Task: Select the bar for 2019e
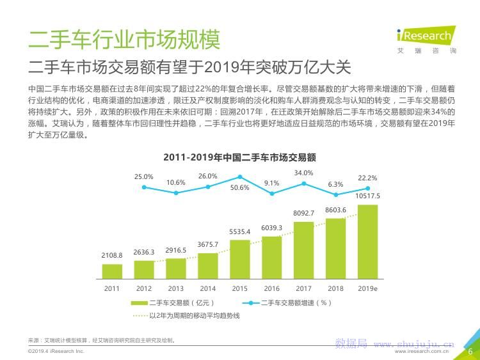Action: [x=367, y=242]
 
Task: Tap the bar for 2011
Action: [x=112, y=272]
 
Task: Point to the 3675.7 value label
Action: [x=207, y=245]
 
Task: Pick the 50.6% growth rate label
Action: [x=240, y=187]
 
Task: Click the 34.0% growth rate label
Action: [x=303, y=173]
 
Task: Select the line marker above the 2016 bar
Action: [x=272, y=193]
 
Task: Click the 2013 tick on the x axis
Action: [x=176, y=289]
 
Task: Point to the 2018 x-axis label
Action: [x=335, y=289]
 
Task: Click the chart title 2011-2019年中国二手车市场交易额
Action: [x=240, y=157]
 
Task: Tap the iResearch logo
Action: [x=424, y=36]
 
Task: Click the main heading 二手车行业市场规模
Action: [x=124, y=40]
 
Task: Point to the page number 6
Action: [x=470, y=351]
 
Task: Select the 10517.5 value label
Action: [x=367, y=196]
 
